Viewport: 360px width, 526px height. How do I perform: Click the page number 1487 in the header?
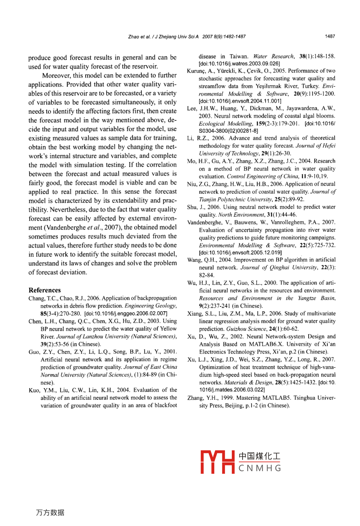(x=330, y=36)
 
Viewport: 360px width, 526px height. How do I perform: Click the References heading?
(x=45, y=290)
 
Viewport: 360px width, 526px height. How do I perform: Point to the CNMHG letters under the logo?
(x=260, y=468)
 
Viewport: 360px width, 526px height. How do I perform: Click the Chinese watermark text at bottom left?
(x=50, y=512)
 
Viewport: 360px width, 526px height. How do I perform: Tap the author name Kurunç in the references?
(x=197, y=71)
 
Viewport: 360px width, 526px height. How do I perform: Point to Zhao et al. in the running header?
(x=139, y=36)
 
